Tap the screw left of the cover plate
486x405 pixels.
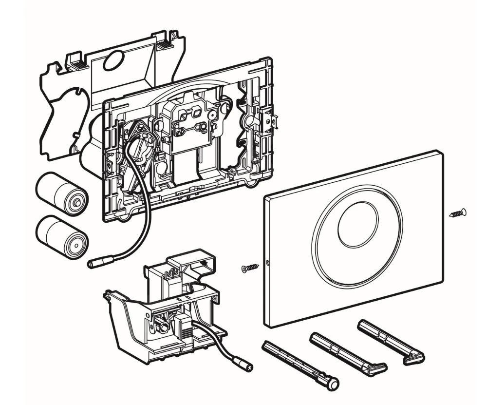(249, 268)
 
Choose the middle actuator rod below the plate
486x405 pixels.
(348, 352)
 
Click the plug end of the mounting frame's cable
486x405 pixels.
(95, 263)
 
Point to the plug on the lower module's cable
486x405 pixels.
(243, 366)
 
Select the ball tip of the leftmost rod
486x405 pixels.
(332, 385)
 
